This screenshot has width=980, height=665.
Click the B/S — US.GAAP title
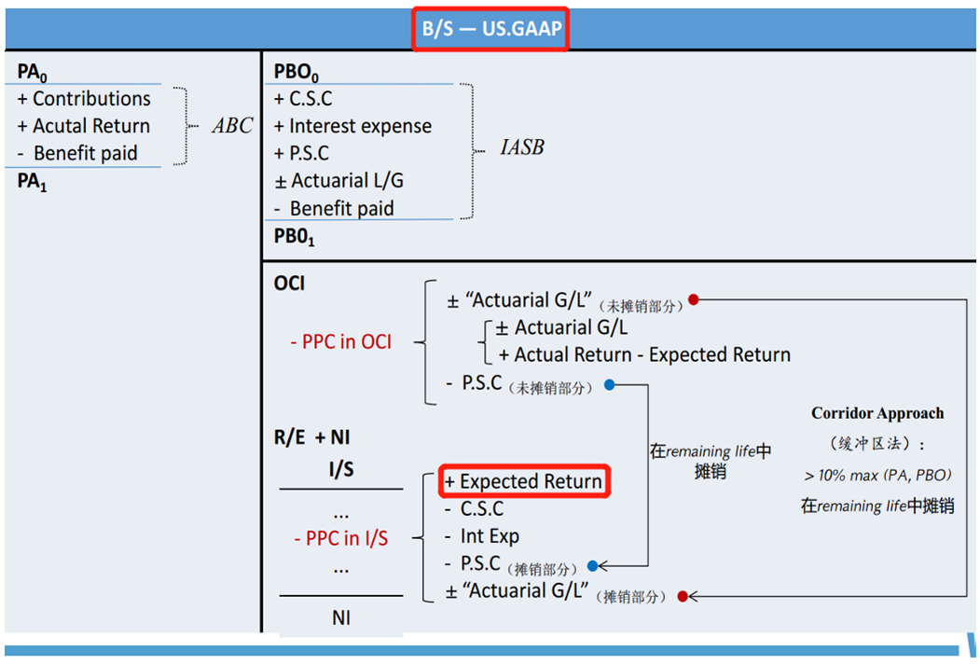click(x=491, y=28)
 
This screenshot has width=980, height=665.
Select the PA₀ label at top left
click(x=32, y=74)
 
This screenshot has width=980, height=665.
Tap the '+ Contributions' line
click(x=84, y=99)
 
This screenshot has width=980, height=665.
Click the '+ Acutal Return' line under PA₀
click(x=84, y=126)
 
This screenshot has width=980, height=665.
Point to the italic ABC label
click(x=231, y=126)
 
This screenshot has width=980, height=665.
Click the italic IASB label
click(x=521, y=147)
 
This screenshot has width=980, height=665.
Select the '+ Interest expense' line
click(x=352, y=126)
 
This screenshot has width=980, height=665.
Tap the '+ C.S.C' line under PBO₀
click(x=303, y=99)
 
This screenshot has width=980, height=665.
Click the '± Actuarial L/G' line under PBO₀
click(x=338, y=181)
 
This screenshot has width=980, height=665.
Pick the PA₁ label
click(x=32, y=183)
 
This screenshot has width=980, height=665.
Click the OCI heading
click(x=289, y=284)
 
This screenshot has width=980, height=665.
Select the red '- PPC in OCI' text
click(x=340, y=342)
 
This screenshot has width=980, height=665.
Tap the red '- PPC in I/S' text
click(x=340, y=538)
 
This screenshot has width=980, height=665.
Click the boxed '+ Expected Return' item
click(x=523, y=481)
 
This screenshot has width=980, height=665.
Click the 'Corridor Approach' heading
click(x=876, y=413)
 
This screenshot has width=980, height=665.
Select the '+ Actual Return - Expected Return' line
click(x=644, y=355)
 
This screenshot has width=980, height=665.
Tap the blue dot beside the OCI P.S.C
click(x=610, y=384)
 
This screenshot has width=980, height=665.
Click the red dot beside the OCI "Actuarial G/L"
click(x=693, y=300)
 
